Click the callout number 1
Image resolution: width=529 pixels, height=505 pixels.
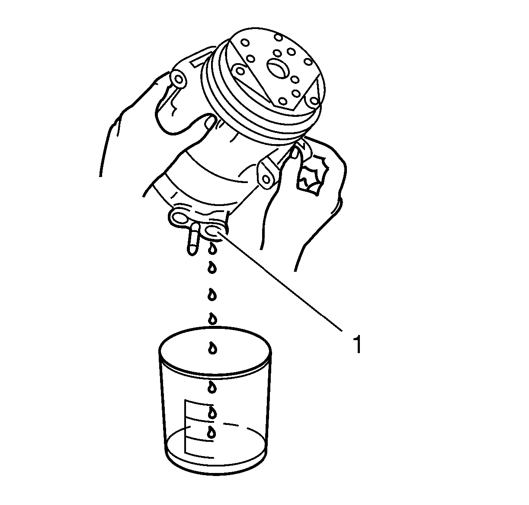pos(358,344)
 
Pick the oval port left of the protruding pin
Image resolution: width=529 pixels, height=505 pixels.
pos(178,217)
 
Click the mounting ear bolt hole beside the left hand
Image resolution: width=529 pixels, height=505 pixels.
pos(178,79)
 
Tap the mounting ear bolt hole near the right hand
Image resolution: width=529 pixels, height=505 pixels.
pos(266,178)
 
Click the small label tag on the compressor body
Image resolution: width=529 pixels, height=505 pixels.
pos(198,61)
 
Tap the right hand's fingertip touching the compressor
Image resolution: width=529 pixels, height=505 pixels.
pos(295,153)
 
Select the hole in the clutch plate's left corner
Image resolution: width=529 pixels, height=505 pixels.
pos(239,71)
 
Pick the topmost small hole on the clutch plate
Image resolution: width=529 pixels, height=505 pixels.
pos(278,37)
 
